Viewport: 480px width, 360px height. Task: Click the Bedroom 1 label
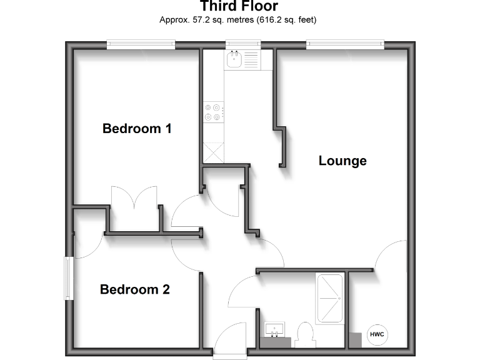(x=137, y=129)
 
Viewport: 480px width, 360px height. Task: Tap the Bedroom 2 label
(x=135, y=290)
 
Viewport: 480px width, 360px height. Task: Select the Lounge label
(x=342, y=161)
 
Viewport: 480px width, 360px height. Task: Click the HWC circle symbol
(x=377, y=335)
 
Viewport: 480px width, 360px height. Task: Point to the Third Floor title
(x=239, y=7)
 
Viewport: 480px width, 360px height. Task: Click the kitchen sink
(x=236, y=60)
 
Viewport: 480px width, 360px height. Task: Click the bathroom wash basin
(x=275, y=330)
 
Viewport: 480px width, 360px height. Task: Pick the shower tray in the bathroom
(x=330, y=297)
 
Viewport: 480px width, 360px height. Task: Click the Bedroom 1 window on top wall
(x=141, y=44)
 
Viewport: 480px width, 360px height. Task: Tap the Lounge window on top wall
(x=344, y=44)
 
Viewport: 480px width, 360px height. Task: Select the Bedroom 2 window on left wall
(x=69, y=277)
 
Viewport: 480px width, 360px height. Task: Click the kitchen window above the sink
(x=244, y=44)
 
